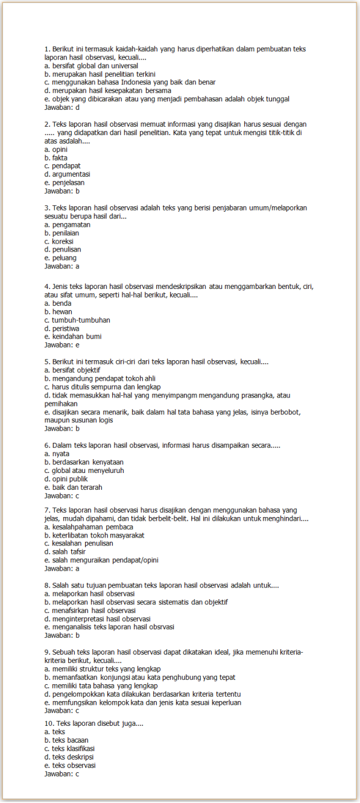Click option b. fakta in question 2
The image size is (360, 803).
point(56,157)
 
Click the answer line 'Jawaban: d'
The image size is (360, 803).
point(62,107)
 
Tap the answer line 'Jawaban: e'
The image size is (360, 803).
point(62,345)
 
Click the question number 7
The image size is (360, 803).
point(47,510)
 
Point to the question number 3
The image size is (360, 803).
point(47,208)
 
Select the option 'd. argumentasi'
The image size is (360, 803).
point(68,174)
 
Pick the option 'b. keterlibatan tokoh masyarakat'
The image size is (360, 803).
point(94,535)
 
